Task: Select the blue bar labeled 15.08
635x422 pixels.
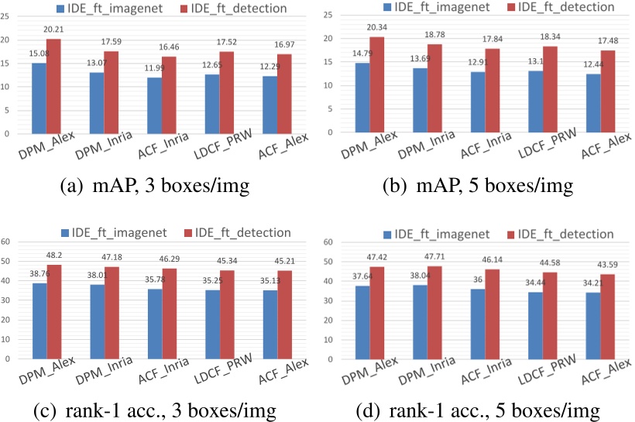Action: (38, 98)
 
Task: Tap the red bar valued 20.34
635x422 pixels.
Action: (376, 84)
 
